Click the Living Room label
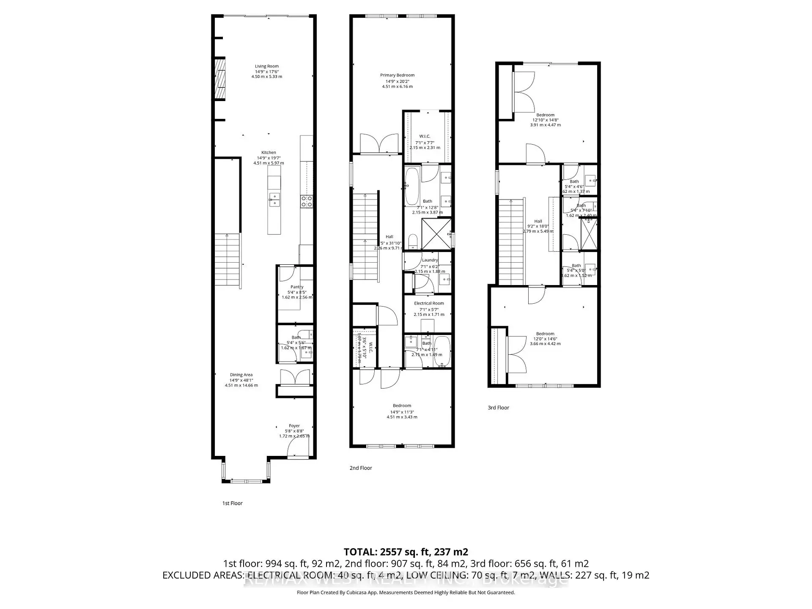tap(266, 66)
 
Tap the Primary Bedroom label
tap(397, 75)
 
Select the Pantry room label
tap(297, 287)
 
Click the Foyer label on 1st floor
tap(294, 426)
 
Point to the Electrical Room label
tap(429, 303)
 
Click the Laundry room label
tap(430, 260)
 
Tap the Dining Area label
tap(241, 375)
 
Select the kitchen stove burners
tap(306, 201)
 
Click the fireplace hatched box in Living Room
tap(219, 79)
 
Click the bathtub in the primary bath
tap(412, 186)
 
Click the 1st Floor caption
tap(233, 503)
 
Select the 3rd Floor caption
tap(498, 408)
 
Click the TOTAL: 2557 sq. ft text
tap(406, 552)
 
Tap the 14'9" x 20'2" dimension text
tap(397, 81)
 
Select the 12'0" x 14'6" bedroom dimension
tap(545, 339)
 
